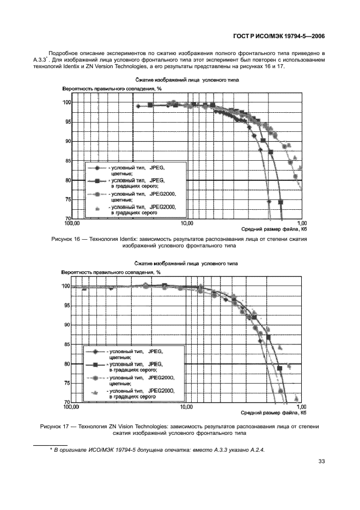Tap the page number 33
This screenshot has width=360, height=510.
[321, 462]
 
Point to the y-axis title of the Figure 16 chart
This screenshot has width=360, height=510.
[113, 88]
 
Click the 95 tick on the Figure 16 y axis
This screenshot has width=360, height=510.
[67, 122]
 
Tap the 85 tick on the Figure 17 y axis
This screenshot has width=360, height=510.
[67, 344]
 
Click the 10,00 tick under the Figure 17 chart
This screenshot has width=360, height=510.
[187, 407]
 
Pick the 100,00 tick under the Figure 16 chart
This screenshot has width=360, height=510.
[72, 223]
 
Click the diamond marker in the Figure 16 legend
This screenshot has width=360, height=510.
[96, 169]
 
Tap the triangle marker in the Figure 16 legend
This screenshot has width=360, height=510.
[96, 209]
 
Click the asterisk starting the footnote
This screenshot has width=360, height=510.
[51, 450]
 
